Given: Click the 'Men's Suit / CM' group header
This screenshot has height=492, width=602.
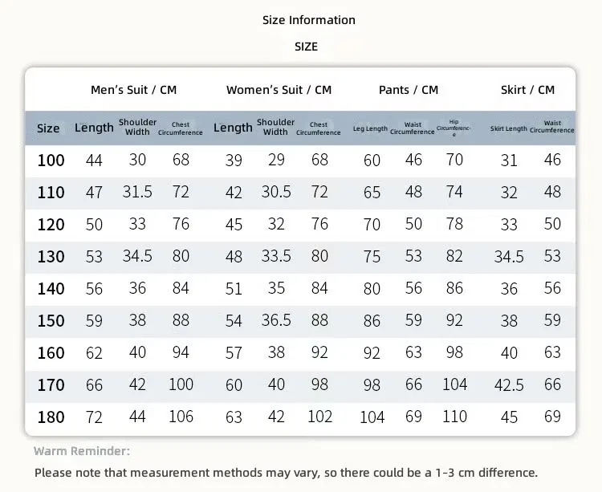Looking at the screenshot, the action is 133,90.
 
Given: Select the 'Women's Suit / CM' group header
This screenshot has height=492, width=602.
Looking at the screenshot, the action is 279,90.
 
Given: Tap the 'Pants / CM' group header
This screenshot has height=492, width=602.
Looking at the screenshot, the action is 408,90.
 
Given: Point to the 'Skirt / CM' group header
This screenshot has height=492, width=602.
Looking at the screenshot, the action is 527,90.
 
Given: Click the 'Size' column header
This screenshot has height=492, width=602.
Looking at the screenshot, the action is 48,128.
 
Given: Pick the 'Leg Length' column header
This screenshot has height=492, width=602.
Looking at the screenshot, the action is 370,128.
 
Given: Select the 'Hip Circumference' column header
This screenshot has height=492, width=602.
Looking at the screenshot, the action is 454,128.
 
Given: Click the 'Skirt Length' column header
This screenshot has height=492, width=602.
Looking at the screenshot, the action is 508,128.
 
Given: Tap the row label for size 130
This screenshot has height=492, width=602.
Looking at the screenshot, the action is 51,256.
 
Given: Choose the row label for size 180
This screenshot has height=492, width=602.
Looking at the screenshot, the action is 51,417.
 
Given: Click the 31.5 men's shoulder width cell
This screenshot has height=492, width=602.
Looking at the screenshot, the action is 137,192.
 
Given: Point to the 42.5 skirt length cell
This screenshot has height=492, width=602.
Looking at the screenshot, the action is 509,385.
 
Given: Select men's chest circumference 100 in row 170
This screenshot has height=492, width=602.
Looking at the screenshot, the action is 181,384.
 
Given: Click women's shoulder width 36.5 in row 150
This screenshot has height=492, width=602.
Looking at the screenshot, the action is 276,320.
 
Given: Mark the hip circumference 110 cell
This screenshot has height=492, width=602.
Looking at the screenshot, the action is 454,417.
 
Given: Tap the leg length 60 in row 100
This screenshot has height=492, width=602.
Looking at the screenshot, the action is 372,161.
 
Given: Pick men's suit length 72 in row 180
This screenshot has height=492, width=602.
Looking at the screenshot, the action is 94,417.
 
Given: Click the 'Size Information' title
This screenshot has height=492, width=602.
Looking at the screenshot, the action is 309,20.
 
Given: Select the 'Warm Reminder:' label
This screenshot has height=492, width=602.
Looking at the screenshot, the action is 81,451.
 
